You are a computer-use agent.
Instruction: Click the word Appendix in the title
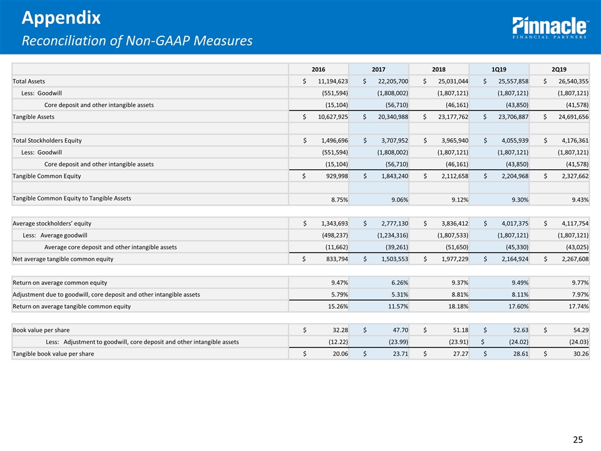point(60,18)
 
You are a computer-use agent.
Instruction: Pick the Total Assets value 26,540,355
point(566,81)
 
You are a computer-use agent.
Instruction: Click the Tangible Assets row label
point(33,117)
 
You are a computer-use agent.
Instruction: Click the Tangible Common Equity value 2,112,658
point(446,176)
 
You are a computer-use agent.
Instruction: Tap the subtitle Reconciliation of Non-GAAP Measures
point(137,41)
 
